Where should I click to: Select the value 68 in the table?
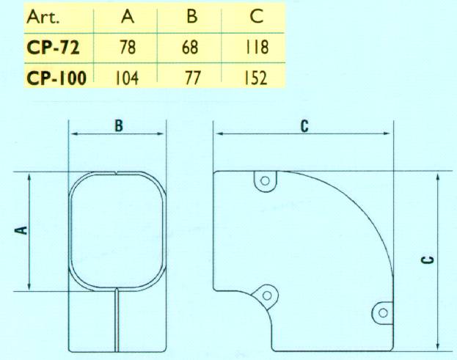(192, 49)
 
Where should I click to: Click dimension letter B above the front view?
(118, 126)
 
